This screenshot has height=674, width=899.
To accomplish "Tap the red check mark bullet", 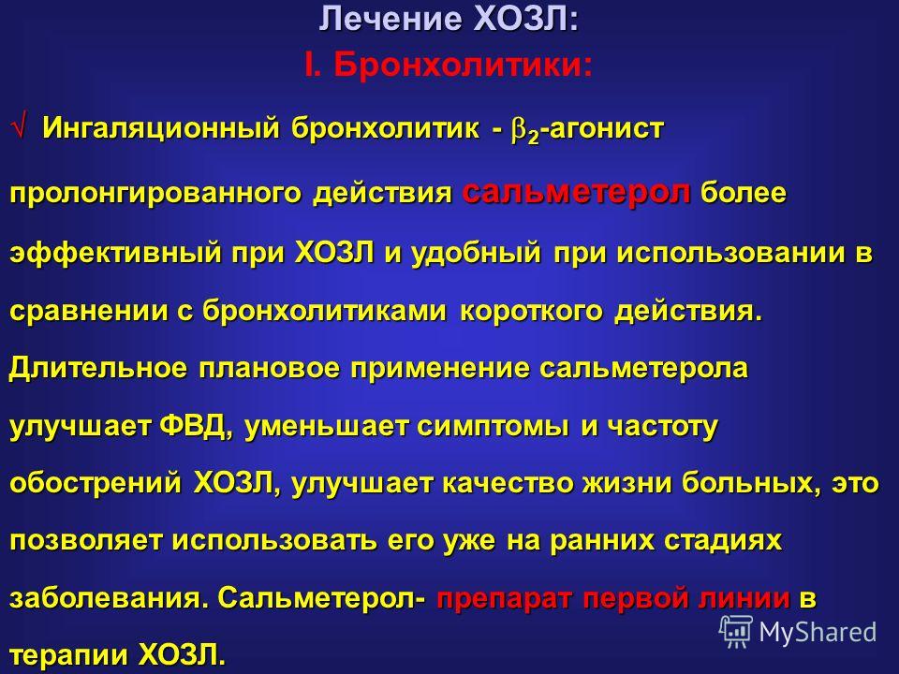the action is (19, 126).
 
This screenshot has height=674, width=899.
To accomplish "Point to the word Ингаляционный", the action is (160, 128).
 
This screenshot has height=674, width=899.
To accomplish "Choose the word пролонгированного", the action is (155, 194).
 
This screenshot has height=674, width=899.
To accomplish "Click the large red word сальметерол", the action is (576, 192).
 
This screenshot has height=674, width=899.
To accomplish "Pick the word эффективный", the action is (114, 252).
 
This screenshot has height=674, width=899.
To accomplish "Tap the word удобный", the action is (477, 252).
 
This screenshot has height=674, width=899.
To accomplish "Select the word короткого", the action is (531, 311).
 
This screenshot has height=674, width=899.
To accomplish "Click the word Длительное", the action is (97, 368).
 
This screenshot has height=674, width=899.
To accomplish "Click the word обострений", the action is (96, 484).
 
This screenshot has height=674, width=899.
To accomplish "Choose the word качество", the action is (508, 484).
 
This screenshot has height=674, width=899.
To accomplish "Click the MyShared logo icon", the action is (736, 632).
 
